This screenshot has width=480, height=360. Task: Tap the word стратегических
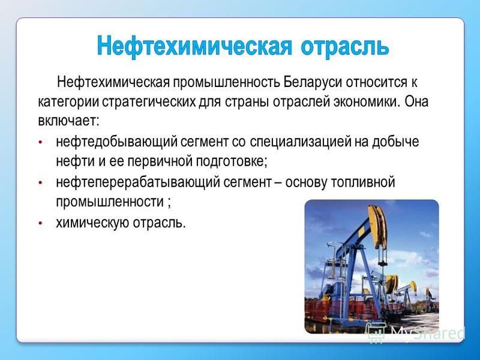pos(148,102)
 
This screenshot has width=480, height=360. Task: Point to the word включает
pos(68,121)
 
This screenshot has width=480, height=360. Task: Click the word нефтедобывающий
pos(116,142)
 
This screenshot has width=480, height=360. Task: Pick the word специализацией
pos(301,142)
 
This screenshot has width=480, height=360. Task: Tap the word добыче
pos(395,142)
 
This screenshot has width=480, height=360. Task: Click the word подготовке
pos(232,161)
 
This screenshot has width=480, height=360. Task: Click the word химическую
pos(92,223)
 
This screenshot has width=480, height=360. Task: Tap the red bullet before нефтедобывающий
pos(40,142)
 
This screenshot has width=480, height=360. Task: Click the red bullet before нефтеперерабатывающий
pos(40,183)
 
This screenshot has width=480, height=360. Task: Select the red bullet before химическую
pos(40,223)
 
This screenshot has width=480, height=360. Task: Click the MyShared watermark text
pos(428,332)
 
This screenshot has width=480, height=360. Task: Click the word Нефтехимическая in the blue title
pos(194,46)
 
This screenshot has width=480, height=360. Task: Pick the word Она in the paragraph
pos(416,101)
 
